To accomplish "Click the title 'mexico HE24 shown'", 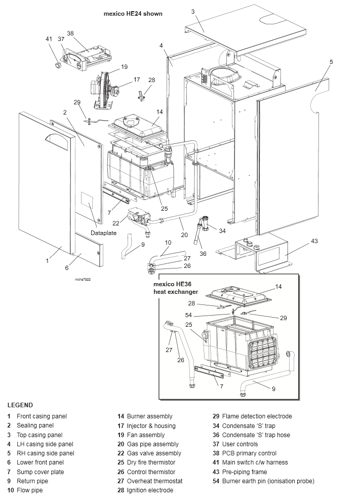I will [x=133, y=14].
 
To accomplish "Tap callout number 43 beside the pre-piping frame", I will [x=314, y=241].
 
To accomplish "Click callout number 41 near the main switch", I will [x=49, y=39].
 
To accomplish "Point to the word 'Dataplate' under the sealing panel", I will [x=103, y=233].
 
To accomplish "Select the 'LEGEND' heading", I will [x=20, y=405].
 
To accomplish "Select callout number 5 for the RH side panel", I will [x=331, y=62].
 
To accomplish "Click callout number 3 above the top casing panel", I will [x=193, y=11].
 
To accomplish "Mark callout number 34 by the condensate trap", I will [x=222, y=231].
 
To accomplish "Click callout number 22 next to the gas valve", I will [x=115, y=223].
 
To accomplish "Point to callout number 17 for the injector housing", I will [x=136, y=80].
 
